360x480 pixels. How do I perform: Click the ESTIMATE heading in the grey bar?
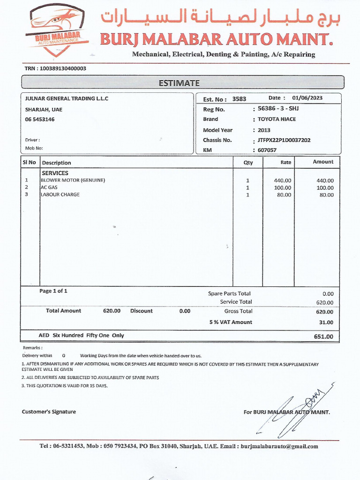(x=179, y=83)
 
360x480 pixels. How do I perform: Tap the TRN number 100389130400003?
(x=63, y=68)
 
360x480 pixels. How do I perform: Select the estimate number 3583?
(x=239, y=99)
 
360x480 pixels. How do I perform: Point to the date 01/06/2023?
(x=307, y=98)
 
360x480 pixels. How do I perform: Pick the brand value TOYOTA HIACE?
(x=277, y=119)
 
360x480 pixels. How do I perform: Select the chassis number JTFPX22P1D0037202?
(x=284, y=140)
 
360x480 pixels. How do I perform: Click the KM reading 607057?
(x=267, y=150)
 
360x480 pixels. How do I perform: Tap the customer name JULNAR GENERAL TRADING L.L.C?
(x=67, y=98)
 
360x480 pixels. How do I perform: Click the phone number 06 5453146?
(x=40, y=120)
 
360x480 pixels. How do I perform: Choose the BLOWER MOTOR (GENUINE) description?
(x=73, y=180)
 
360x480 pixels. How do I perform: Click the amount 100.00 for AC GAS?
(x=325, y=188)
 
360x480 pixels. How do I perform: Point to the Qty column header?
(x=247, y=163)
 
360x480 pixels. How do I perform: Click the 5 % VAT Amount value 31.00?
(x=326, y=322)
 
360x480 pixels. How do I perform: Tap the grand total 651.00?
(x=323, y=337)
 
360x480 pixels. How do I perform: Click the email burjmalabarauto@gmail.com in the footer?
(x=279, y=447)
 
